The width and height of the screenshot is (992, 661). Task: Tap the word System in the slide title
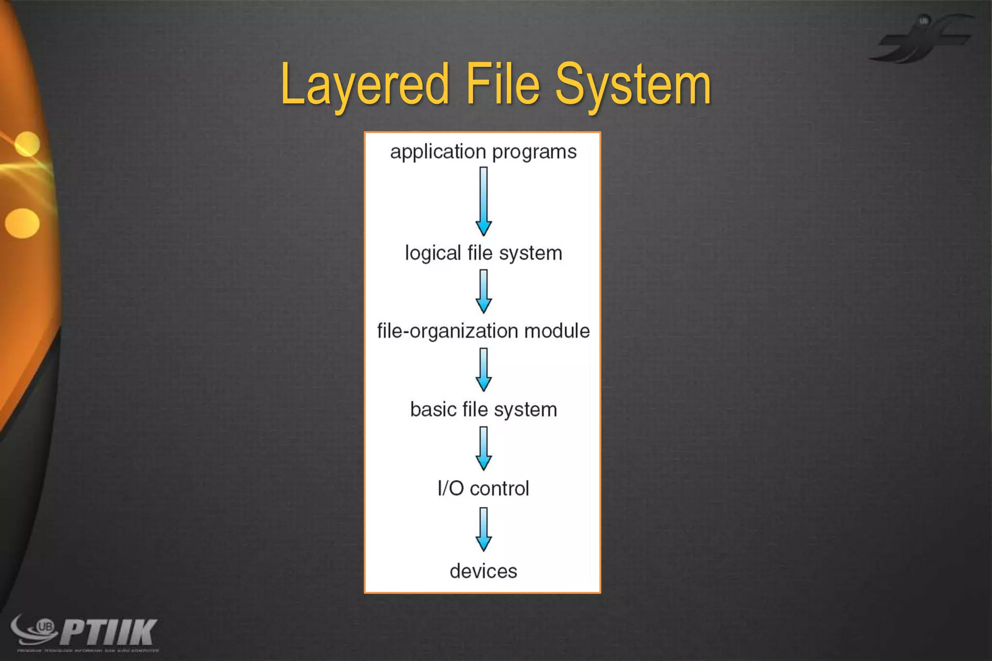[633, 85]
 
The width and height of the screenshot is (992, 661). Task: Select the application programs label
[483, 152]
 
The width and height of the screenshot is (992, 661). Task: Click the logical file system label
[483, 253]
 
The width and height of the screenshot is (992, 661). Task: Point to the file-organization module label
[483, 331]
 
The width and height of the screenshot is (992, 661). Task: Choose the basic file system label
[483, 410]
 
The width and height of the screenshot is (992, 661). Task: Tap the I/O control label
[483, 489]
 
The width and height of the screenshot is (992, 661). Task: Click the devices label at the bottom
[483, 571]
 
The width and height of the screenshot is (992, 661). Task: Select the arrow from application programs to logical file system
[483, 201]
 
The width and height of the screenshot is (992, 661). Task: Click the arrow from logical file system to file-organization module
[483, 291]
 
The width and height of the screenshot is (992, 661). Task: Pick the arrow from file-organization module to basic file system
[483, 369]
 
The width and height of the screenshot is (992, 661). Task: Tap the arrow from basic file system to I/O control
[483, 448]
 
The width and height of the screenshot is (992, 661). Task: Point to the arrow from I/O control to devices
[483, 529]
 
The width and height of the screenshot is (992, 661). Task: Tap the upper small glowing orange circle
[27, 144]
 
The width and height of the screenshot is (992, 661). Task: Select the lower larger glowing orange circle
[22, 223]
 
